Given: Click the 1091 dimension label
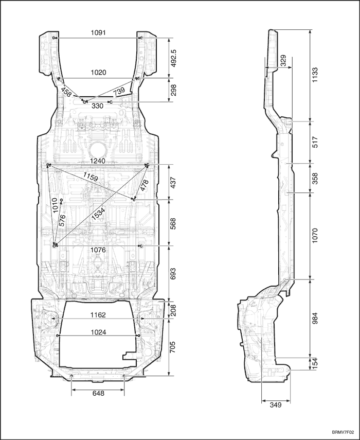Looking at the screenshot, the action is (x=98, y=33).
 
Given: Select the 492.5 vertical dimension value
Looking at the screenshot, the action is (x=173, y=58).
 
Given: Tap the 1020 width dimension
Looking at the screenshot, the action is (x=98, y=73).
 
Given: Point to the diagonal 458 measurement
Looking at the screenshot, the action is (x=66, y=92).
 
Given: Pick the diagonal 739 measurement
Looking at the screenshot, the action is (x=119, y=92).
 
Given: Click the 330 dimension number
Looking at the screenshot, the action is (x=98, y=106).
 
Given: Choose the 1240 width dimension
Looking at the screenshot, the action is (x=98, y=161).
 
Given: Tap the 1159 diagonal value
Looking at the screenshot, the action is (x=91, y=177).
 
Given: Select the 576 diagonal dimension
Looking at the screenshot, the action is (x=62, y=220).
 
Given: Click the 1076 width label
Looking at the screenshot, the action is (x=98, y=250).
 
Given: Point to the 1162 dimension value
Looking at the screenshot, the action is (x=98, y=315).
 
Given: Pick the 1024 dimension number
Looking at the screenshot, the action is (x=98, y=332).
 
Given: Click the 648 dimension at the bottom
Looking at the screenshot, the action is (x=98, y=393).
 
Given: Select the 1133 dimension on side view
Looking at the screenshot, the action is (x=315, y=75).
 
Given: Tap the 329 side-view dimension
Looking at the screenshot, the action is (x=283, y=61).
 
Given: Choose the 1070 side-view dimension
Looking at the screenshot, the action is (x=315, y=236).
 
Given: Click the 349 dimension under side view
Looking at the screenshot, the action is (x=276, y=405).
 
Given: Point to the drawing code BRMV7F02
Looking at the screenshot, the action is (x=343, y=432).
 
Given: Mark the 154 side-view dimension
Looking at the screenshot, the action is (x=315, y=364).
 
